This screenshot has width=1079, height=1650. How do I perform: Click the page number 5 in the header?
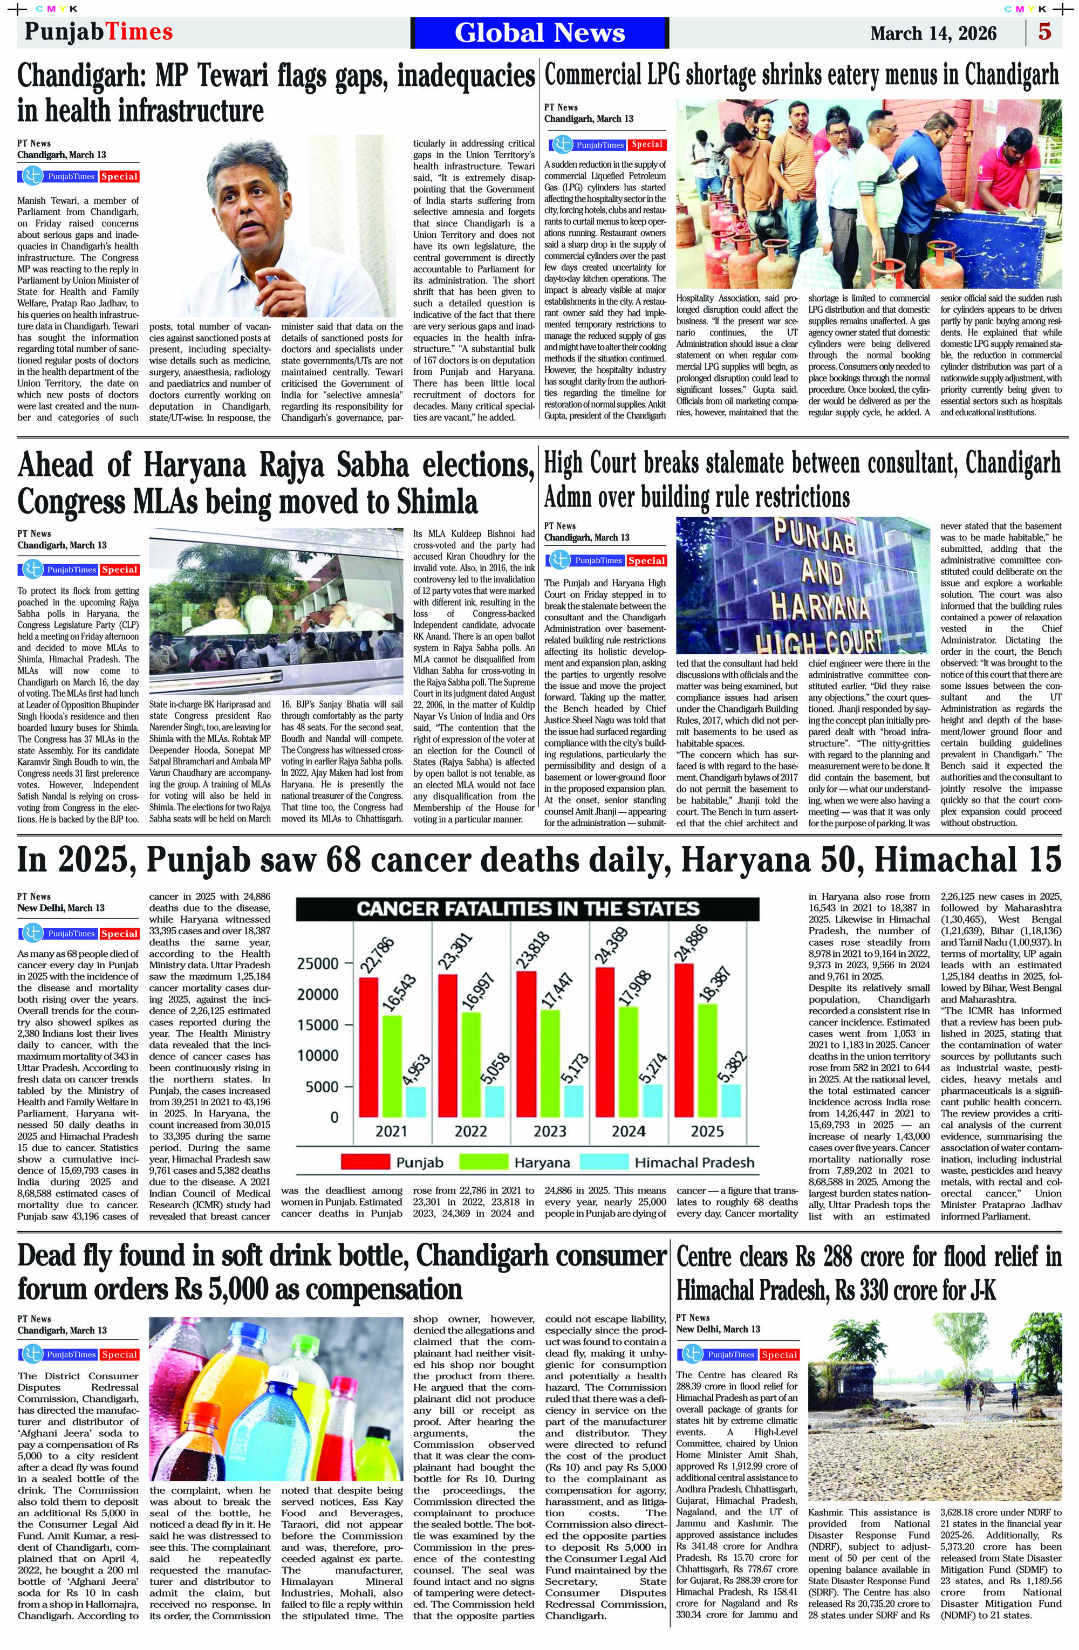point(1044,32)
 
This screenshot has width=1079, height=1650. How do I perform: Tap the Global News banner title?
point(539,32)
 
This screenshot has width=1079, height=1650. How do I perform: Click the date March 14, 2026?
point(933,33)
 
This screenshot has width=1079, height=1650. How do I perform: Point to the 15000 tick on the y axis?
point(320,1025)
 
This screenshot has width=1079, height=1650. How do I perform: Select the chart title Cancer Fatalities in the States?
point(528,909)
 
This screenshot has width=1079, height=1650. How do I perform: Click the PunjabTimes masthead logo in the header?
point(99,32)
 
